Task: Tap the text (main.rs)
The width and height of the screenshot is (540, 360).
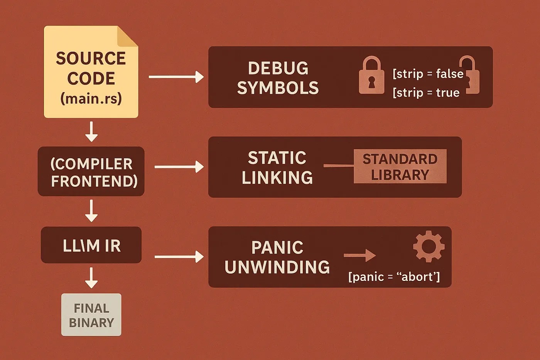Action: (x=91, y=98)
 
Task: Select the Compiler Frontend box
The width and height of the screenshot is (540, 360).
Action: (x=91, y=171)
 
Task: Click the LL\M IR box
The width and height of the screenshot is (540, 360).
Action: (x=91, y=245)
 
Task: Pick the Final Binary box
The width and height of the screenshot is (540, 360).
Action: (x=91, y=315)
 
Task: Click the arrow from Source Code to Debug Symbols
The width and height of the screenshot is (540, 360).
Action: (x=176, y=77)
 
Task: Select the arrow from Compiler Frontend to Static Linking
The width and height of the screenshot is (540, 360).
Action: (x=179, y=167)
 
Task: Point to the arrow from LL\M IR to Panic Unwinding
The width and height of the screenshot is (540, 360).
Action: (x=179, y=257)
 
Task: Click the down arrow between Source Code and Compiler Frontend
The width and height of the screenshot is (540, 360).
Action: (x=91, y=132)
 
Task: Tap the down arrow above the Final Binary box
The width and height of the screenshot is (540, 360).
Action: (x=91, y=278)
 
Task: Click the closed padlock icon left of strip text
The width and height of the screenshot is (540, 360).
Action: (x=371, y=76)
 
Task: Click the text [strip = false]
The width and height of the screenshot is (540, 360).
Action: (x=428, y=74)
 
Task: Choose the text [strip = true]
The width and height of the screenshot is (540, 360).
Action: (x=426, y=93)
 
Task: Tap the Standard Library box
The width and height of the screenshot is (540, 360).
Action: (x=400, y=166)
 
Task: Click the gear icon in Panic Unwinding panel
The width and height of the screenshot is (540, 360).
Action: (x=429, y=247)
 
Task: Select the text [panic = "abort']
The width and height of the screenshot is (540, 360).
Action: (x=394, y=277)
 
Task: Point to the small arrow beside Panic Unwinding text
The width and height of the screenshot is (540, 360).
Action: (x=359, y=255)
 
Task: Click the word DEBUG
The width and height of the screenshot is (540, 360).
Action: (x=278, y=68)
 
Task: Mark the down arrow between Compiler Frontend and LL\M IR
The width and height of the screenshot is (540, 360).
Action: (x=91, y=211)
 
